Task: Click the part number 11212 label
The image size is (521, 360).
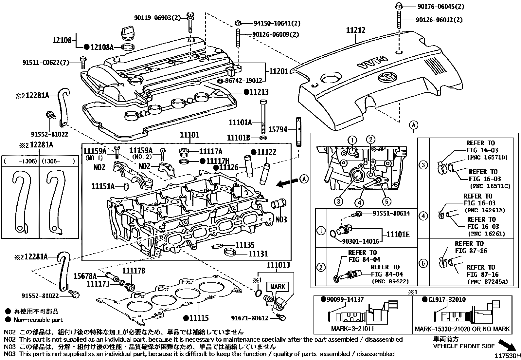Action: click(356, 30)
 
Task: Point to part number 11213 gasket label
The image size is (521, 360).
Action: click(258, 92)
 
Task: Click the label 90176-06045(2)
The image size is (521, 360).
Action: click(440, 6)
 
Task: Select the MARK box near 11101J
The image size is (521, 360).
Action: click(278, 287)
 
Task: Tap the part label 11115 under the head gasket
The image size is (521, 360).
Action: click(198, 318)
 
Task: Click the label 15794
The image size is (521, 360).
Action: click(277, 129)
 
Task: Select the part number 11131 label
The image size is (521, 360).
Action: click(258, 253)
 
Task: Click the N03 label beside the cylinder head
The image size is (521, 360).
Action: click(281, 219)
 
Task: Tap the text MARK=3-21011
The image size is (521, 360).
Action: click(352, 329)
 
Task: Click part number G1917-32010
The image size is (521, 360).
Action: click(447, 299)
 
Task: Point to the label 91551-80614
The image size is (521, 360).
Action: click(391, 213)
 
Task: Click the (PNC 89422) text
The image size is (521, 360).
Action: click(395, 281)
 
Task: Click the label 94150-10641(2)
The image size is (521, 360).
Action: click(277, 23)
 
